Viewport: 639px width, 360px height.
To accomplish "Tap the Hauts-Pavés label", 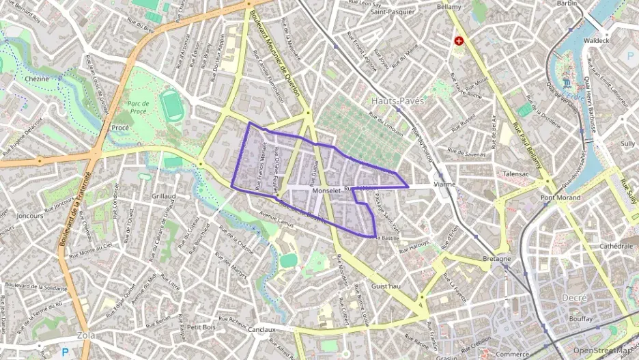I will pyautogui.click(x=398, y=101).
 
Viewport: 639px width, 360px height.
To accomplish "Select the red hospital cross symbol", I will pyautogui.click(x=459, y=41).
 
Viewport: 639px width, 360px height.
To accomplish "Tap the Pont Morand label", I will pyautogui.click(x=560, y=198).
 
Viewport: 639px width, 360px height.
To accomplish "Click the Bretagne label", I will pyautogui.click(x=496, y=259).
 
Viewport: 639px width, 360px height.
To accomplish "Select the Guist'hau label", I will pyautogui.click(x=386, y=286).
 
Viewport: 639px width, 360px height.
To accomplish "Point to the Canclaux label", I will pyautogui.click(x=261, y=329).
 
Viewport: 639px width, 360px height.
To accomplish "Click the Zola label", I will pyautogui.click(x=86, y=335).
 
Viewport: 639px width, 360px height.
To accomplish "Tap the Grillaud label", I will pyautogui.click(x=164, y=196).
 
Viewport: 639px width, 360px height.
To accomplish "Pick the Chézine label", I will pyautogui.click(x=37, y=79).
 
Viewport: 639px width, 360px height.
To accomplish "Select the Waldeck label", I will pyautogui.click(x=596, y=40).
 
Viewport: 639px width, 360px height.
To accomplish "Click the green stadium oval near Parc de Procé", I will pyautogui.click(x=172, y=107).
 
